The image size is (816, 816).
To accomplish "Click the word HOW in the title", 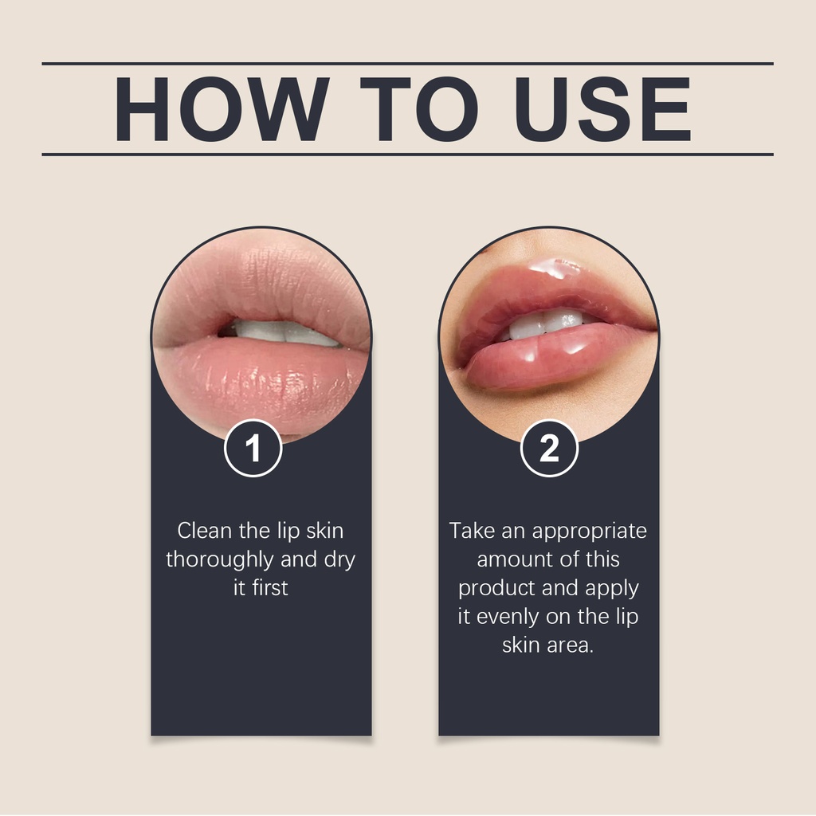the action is pyautogui.click(x=222, y=108).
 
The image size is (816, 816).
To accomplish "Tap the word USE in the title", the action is pyautogui.click(x=602, y=108).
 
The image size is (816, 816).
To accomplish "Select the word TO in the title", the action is pyautogui.click(x=418, y=108).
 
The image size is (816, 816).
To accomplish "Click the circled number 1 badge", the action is pyautogui.click(x=253, y=448).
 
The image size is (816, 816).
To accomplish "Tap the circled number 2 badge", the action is pyautogui.click(x=549, y=448).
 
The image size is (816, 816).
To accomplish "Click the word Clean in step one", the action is pyautogui.click(x=205, y=531).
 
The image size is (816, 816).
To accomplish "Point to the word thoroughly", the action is pyautogui.click(x=220, y=560).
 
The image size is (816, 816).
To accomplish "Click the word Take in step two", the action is pyautogui.click(x=472, y=531).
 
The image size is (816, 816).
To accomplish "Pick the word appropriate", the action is pyautogui.click(x=589, y=532).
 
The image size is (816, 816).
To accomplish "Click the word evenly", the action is pyautogui.click(x=508, y=618).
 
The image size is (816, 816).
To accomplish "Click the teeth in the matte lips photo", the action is pyautogui.click(x=284, y=332).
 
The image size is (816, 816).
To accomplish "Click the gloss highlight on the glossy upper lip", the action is pyautogui.click(x=555, y=268).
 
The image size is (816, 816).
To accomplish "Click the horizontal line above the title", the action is pyautogui.click(x=407, y=64).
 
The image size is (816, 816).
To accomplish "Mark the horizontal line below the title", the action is pyautogui.click(x=407, y=155).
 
